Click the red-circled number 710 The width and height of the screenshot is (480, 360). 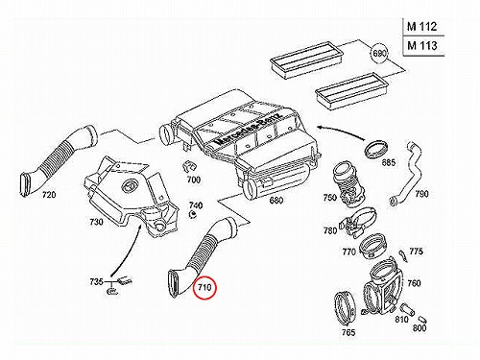(204, 287)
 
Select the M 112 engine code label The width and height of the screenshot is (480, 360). (421, 27)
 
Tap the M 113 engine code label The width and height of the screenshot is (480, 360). (421, 46)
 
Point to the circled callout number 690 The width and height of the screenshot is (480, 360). (379, 53)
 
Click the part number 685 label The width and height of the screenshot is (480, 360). (388, 162)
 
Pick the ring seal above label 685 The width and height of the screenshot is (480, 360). (377, 149)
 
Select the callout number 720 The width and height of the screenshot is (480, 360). (49, 194)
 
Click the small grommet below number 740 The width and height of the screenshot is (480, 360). (193, 214)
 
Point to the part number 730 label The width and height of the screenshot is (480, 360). (96, 222)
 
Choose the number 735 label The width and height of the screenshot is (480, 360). (96, 281)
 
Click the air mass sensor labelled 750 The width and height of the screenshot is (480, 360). (348, 184)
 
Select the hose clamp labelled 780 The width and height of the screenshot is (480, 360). (359, 223)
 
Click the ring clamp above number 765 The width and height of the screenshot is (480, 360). (345, 310)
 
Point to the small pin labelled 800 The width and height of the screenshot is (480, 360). (422, 320)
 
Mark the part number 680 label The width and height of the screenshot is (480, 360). (276, 201)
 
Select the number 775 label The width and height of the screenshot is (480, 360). (416, 252)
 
